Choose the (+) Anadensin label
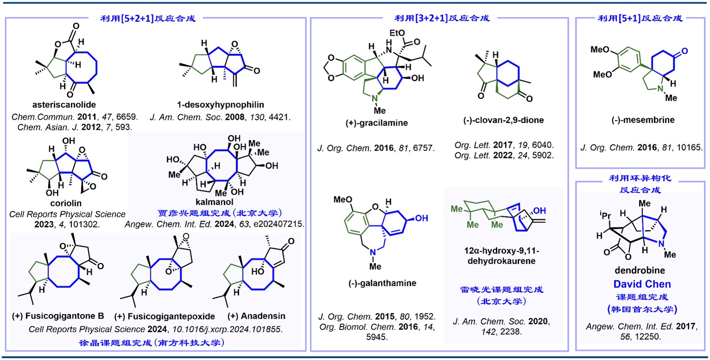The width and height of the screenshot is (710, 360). point(257,316)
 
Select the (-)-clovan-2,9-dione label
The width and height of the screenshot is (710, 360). point(499,120)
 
